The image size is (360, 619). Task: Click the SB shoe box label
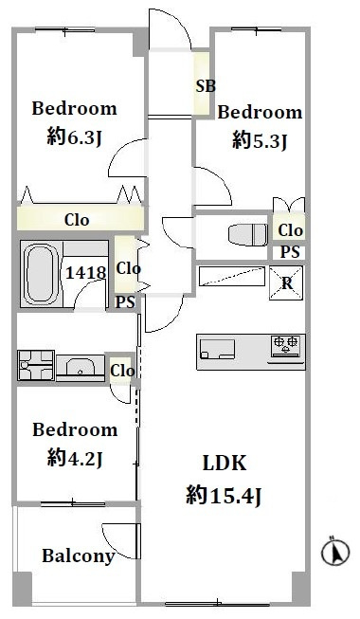[206, 86]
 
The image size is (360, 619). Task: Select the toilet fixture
[248, 234]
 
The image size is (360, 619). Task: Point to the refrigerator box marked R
[286, 282]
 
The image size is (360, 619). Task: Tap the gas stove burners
[286, 344]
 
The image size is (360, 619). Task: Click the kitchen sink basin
[218, 349]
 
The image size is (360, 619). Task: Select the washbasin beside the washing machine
[81, 367]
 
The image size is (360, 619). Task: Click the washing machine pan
[36, 365]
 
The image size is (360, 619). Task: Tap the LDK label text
[225, 463]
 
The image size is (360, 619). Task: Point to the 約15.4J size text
[224, 496]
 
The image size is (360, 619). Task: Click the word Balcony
[79, 556]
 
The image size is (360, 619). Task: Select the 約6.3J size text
[75, 137]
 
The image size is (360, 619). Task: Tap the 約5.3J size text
[260, 140]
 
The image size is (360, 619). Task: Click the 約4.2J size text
[75, 459]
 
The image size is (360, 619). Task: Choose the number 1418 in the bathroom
[85, 272]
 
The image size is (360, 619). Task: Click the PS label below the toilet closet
[290, 252]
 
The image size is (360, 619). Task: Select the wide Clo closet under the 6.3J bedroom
[81, 218]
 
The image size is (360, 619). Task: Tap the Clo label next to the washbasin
[122, 371]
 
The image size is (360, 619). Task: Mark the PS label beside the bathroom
[125, 302]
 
